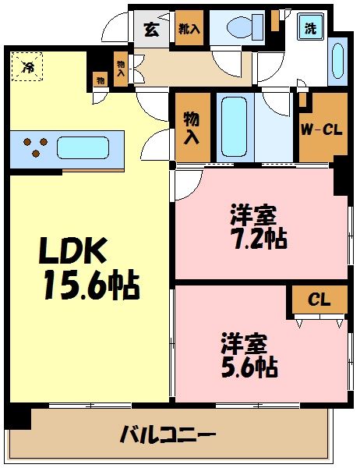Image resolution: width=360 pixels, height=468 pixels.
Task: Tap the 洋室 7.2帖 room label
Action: [x=256, y=226]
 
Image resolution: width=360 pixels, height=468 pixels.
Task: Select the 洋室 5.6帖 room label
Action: [x=249, y=355]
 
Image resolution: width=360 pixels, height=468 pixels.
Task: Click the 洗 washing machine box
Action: [x=310, y=29]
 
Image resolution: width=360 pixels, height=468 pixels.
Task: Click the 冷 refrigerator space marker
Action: [x=26, y=66]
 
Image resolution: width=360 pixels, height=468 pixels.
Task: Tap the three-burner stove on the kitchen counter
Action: [x=33, y=147]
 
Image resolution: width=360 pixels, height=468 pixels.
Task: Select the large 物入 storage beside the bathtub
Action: [x=189, y=127]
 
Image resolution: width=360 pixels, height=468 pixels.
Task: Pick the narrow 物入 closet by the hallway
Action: [x=120, y=68]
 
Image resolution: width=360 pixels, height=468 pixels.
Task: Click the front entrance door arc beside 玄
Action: [x=117, y=27]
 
